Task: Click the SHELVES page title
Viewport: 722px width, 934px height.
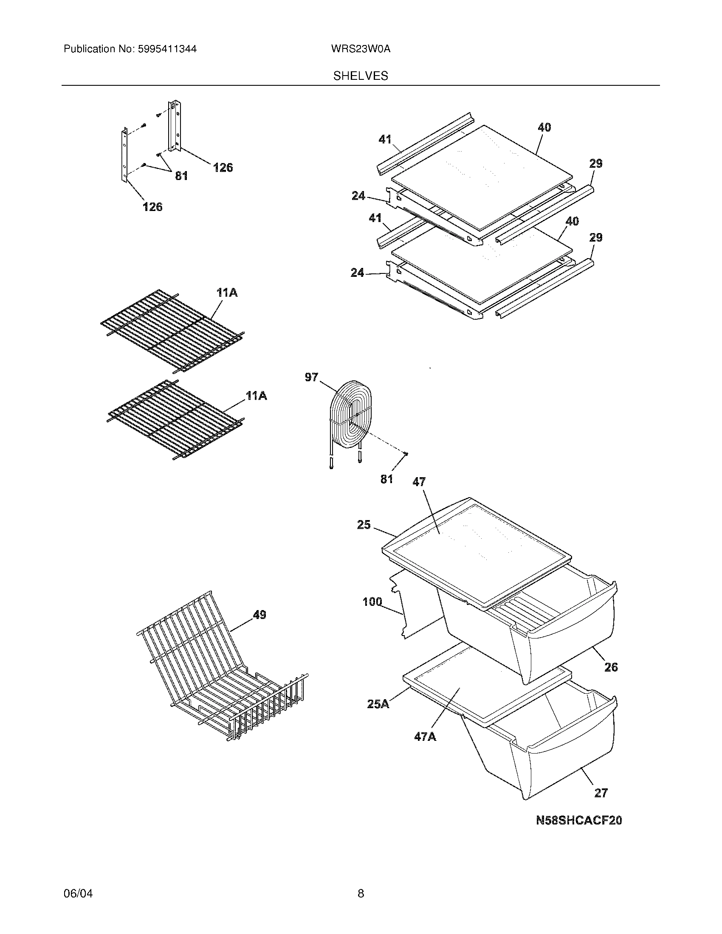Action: coord(361,76)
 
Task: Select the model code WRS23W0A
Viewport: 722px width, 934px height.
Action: coord(361,49)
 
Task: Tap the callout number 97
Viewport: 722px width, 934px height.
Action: coord(311,377)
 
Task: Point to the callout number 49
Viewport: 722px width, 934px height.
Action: coord(259,615)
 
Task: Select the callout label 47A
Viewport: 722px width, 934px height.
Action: coord(425,737)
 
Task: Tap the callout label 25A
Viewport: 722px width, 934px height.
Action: coord(378,704)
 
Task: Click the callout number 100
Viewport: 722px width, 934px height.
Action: coord(372,602)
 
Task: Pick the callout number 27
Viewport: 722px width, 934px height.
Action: coord(601,793)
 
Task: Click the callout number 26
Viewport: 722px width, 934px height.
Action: coord(611,667)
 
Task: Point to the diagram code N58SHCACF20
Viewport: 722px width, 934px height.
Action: coord(579,820)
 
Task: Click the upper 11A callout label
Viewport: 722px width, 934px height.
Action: coord(227,293)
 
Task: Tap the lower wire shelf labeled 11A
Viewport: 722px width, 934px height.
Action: coord(175,421)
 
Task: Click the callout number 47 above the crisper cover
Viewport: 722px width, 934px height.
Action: coord(419,482)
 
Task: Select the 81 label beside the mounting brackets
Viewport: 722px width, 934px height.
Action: coord(181,176)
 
